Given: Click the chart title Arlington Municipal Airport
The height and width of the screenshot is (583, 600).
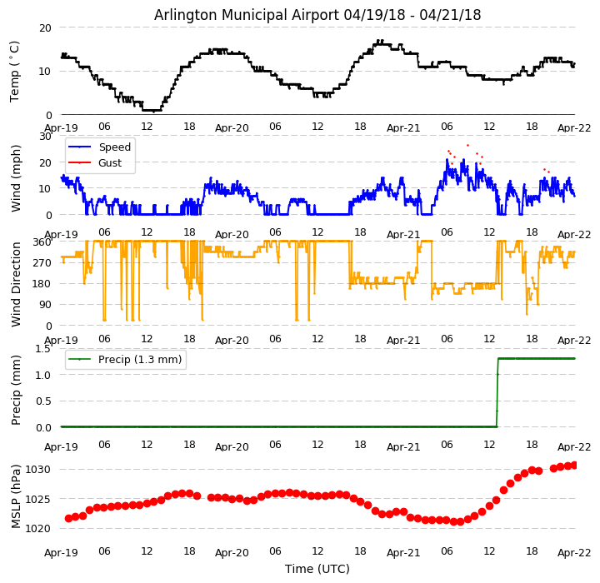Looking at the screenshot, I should tap(317, 15).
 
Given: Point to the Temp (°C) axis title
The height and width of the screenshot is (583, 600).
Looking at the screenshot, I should tap(15, 71).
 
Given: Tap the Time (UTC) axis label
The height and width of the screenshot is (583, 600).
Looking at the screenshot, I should tap(317, 569).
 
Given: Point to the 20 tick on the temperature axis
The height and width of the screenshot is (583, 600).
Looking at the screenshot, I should tap(45, 27).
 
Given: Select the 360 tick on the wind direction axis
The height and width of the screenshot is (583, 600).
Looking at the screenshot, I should tap(42, 242).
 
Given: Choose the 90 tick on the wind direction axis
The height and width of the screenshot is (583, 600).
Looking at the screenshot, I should tap(45, 305).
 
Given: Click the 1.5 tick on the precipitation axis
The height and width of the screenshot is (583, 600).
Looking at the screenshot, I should tap(42, 348).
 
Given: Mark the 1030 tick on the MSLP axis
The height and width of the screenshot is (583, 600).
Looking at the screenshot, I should tap(38, 470).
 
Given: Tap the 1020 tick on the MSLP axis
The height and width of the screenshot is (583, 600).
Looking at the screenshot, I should tap(38, 528).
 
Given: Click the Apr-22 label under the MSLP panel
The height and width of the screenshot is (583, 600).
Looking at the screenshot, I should tap(574, 552).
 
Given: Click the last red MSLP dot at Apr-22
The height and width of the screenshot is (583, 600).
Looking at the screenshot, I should tap(574, 465).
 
